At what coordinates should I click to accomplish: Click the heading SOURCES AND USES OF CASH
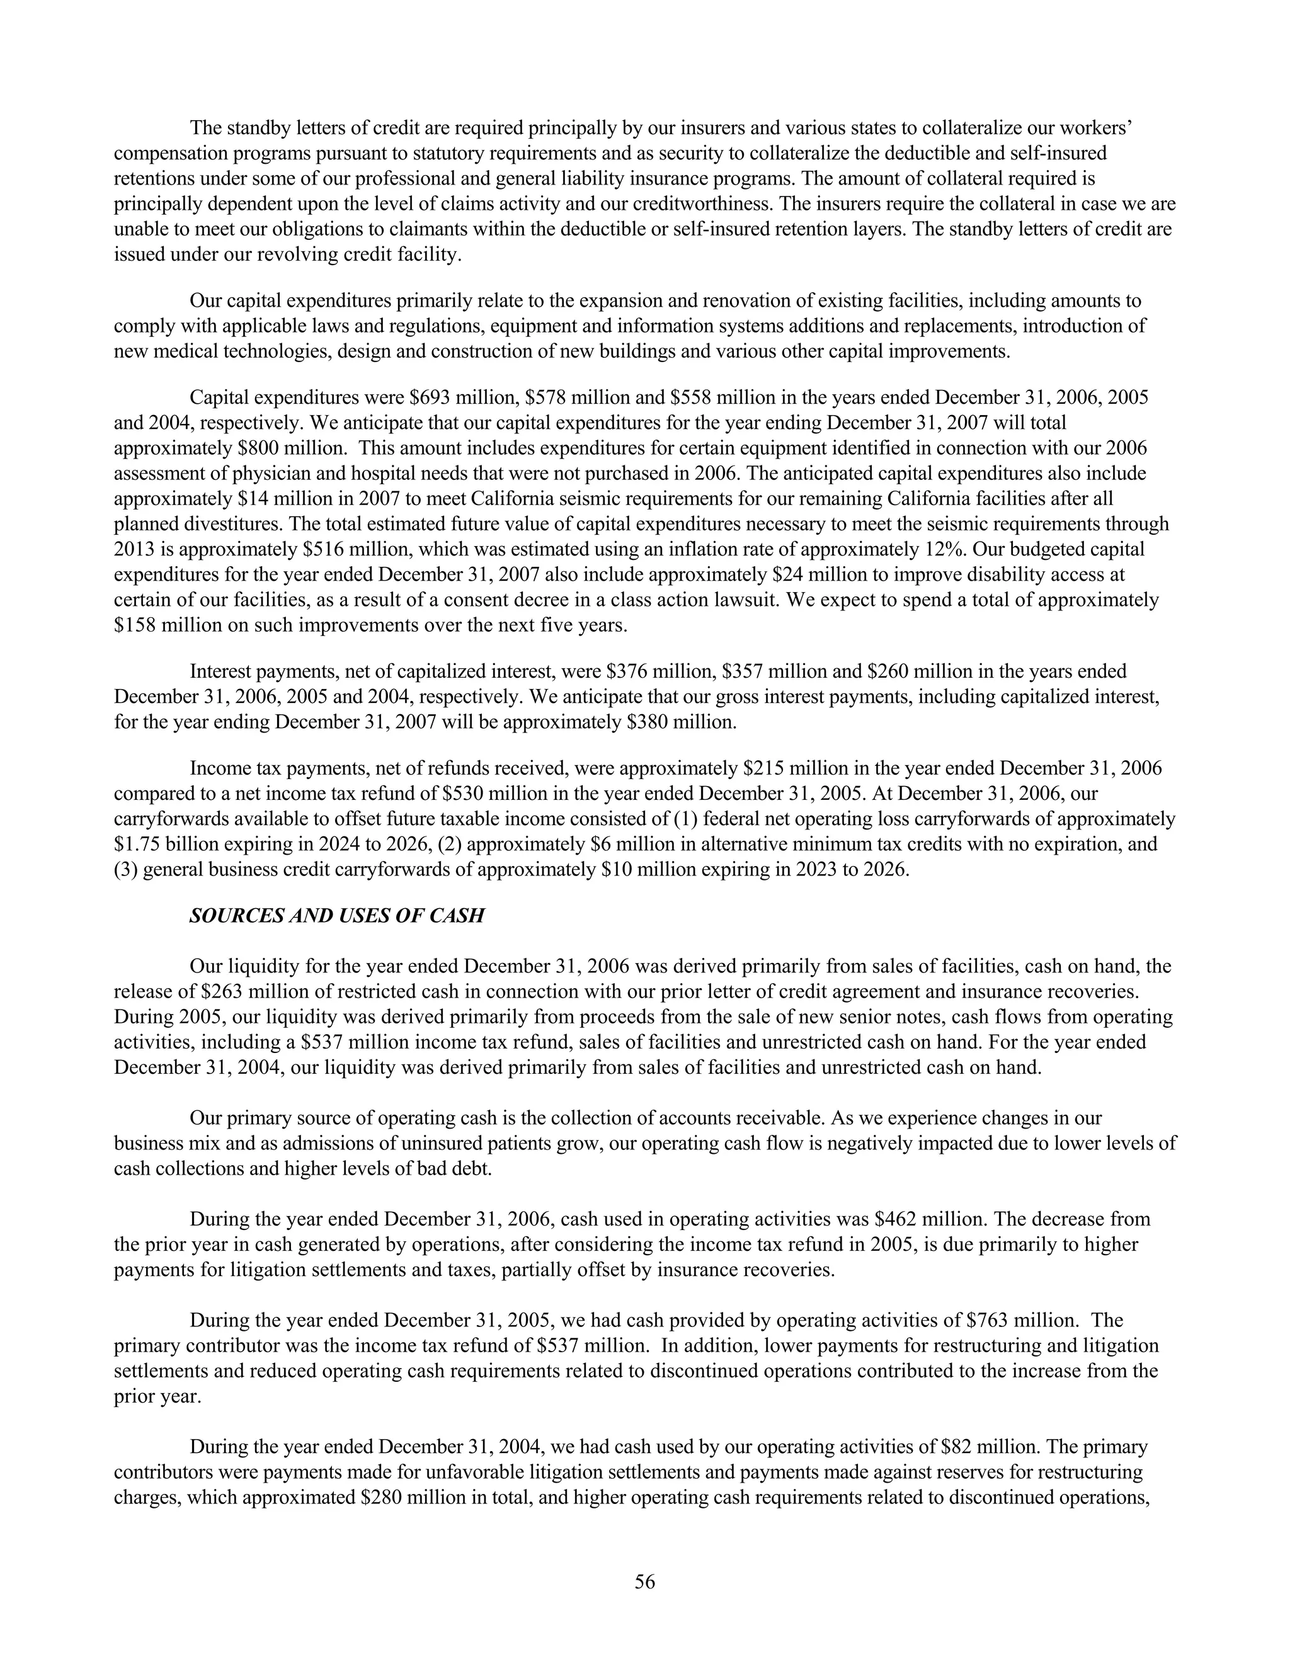coord(336,916)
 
